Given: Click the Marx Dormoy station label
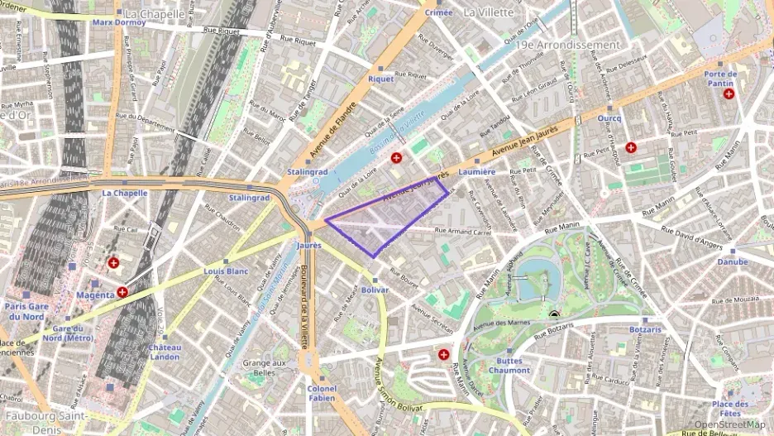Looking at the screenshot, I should [119, 22].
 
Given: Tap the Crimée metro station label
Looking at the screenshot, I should [437, 12].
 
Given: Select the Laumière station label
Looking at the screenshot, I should [476, 171].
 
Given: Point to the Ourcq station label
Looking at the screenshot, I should [609, 118].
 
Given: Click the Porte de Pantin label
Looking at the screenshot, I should [720, 79].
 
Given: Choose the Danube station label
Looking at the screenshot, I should [732, 261].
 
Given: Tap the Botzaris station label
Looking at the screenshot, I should [645, 328].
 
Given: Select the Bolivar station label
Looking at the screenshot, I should [375, 290].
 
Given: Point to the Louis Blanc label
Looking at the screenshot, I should [226, 271].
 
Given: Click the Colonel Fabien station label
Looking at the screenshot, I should [322, 393].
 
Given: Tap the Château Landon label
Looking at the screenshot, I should [165, 352].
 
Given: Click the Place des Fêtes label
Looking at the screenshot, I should [730, 408].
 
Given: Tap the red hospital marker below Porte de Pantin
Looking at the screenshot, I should [729, 94].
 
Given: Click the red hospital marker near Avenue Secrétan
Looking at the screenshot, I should [444, 354].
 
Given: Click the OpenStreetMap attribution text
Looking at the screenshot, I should [729, 424].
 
